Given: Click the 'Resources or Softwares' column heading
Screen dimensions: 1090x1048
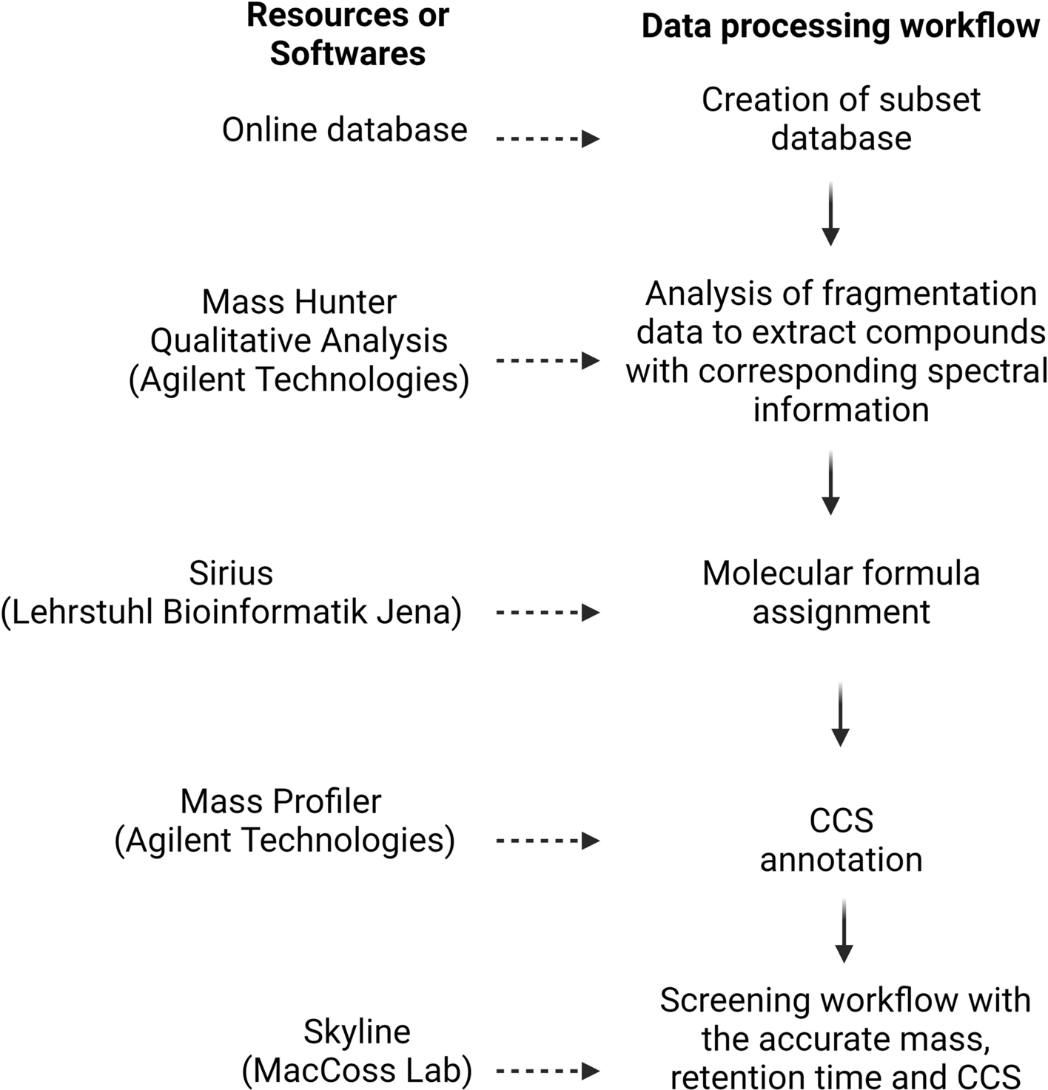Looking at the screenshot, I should point(347,35).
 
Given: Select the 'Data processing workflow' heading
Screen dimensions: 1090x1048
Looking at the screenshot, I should point(840,27).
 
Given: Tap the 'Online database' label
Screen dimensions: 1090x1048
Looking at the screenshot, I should point(344,130).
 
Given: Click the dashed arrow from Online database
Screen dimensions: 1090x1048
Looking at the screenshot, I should point(547,138).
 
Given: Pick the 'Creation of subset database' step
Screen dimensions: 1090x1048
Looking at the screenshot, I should point(841,119).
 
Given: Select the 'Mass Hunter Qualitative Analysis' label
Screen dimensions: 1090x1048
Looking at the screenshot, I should point(299,321).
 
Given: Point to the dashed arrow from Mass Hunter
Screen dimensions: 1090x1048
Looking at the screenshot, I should point(547,360).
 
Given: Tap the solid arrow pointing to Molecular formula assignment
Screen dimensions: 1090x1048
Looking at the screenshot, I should point(830,482).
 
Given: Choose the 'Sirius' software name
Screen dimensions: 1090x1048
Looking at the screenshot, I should point(231,573).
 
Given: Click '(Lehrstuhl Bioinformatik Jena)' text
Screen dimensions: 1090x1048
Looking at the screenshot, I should point(231,613).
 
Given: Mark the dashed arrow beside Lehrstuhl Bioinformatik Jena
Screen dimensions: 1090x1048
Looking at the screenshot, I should point(547,613).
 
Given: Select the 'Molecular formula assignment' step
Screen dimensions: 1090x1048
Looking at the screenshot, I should point(841,593).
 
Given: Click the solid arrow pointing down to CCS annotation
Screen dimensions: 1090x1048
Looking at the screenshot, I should point(840,714).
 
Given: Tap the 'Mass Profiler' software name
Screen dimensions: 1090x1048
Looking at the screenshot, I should point(281,801).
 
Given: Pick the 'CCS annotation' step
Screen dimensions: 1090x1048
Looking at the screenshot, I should point(841,840).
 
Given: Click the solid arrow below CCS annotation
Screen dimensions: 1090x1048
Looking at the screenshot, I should point(843,931).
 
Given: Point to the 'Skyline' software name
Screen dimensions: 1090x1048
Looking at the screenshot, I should point(357,1032).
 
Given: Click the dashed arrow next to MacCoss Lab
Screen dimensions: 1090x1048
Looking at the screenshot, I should point(547,1071).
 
